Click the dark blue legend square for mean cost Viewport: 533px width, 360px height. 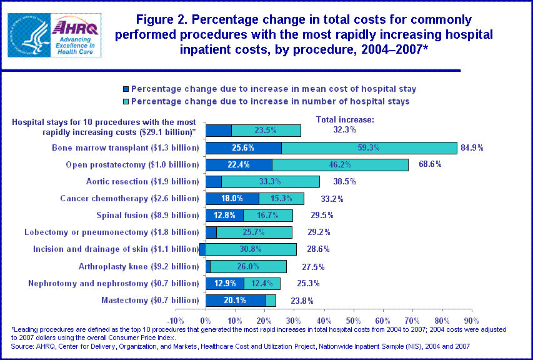point(126,89)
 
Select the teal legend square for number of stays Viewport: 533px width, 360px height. point(126,101)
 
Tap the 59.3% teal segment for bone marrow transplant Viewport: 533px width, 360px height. point(369,148)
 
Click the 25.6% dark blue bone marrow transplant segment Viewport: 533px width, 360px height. point(244,148)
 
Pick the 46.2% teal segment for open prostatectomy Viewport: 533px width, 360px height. point(340,165)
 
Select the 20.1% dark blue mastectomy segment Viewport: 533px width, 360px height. point(236,301)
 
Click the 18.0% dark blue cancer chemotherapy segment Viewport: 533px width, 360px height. point(232,199)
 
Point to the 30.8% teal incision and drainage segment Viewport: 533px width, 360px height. point(251,249)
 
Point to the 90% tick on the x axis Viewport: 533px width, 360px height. point(471,313)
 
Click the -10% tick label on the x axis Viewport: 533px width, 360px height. point(176,313)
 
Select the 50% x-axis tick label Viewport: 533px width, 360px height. point(353,313)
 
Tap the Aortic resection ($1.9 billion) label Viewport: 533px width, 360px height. point(142,182)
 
